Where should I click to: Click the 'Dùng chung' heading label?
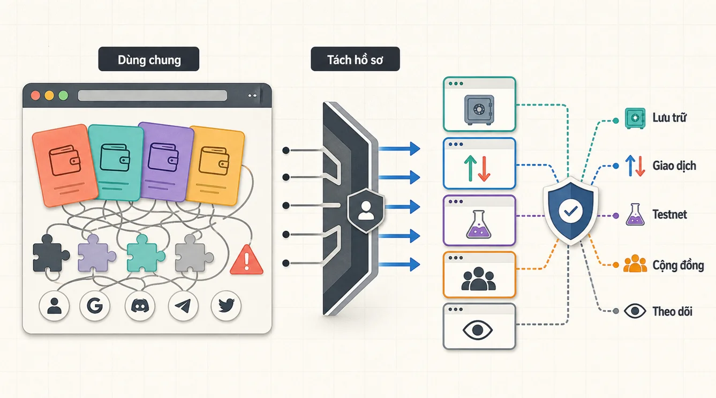pyautogui.click(x=149, y=59)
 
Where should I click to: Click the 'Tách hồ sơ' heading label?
pyautogui.click(x=355, y=59)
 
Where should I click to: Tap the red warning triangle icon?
pyautogui.click(x=246, y=260)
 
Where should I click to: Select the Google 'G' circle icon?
pyautogui.click(x=95, y=306)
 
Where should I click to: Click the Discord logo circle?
pyautogui.click(x=140, y=306)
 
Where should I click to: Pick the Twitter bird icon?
pyautogui.click(x=226, y=306)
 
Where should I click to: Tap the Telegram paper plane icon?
pyautogui.click(x=183, y=306)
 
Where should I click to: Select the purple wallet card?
pyautogui.click(x=165, y=162)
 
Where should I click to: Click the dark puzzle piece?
pyautogui.click(x=50, y=253)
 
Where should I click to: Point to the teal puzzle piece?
pyautogui.click(x=145, y=253)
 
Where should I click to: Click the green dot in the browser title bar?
pyautogui.click(x=63, y=95)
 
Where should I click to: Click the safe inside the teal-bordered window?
pyautogui.click(x=479, y=110)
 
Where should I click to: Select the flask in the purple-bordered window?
pyautogui.click(x=479, y=224)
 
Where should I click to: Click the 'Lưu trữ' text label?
pyautogui.click(x=669, y=118)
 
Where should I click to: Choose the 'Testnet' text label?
pyautogui.click(x=669, y=214)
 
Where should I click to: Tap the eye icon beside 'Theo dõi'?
pyautogui.click(x=635, y=311)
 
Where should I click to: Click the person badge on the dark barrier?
pyautogui.click(x=366, y=211)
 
